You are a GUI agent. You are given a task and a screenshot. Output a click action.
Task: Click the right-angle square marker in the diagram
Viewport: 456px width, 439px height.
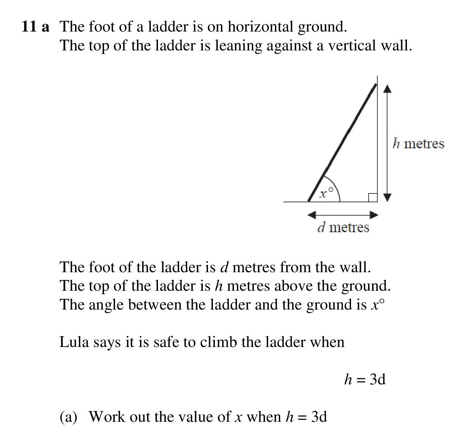(372, 197)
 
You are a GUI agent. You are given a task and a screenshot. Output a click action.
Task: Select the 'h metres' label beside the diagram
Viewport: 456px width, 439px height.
(418, 143)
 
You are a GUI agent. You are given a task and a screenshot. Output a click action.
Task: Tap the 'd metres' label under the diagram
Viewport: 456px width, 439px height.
(343, 227)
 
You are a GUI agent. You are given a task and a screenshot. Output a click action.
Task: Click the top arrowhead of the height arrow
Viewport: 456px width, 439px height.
(387, 88)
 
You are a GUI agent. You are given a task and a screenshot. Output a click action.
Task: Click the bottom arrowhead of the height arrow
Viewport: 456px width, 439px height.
(387, 197)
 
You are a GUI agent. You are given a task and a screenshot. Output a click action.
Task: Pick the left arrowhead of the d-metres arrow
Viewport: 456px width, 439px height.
(312, 215)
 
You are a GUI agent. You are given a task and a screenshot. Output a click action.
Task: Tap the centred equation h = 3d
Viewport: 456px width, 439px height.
(365, 379)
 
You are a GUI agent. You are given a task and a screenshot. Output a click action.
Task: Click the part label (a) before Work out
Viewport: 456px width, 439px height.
(68, 417)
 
